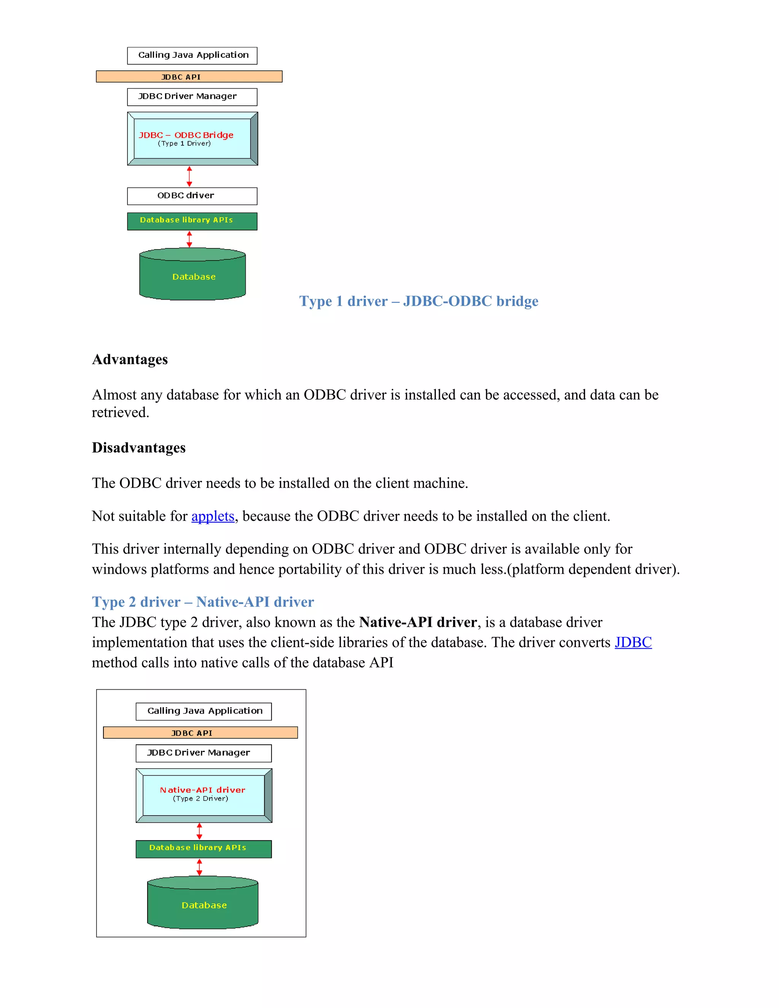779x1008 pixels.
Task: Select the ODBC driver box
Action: (192, 196)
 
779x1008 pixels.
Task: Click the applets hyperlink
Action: (213, 516)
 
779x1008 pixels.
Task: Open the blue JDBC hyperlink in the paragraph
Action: (633, 642)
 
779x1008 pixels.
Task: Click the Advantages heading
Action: (130, 359)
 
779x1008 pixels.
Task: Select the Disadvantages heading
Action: (138, 448)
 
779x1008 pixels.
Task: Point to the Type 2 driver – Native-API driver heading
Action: (203, 602)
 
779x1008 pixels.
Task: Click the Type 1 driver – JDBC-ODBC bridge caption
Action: (418, 301)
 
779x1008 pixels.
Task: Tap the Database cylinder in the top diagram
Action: (192, 277)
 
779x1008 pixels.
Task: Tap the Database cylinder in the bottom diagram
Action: (203, 905)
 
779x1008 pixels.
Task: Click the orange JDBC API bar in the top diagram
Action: (189, 76)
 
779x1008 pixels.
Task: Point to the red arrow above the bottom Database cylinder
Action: (199, 867)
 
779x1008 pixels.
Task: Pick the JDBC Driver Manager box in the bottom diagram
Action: (203, 753)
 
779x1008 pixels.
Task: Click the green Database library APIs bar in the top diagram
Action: (192, 221)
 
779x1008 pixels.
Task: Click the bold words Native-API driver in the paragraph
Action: (418, 622)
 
